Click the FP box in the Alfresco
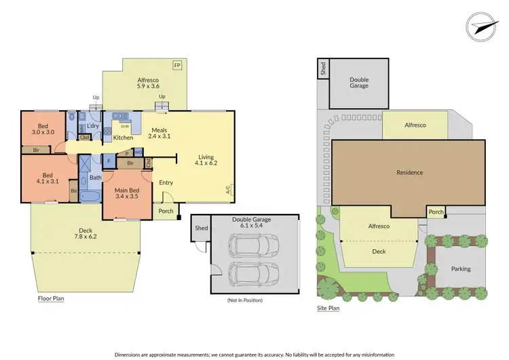pos(178,65)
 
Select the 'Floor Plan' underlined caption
pos(51,298)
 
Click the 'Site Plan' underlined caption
pos(328,308)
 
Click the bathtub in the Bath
pos(90,196)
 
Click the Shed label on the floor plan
pos(201,228)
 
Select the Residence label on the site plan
pos(409,173)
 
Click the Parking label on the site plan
pos(461,269)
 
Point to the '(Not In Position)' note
pos(246,300)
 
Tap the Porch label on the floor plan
pos(166,211)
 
